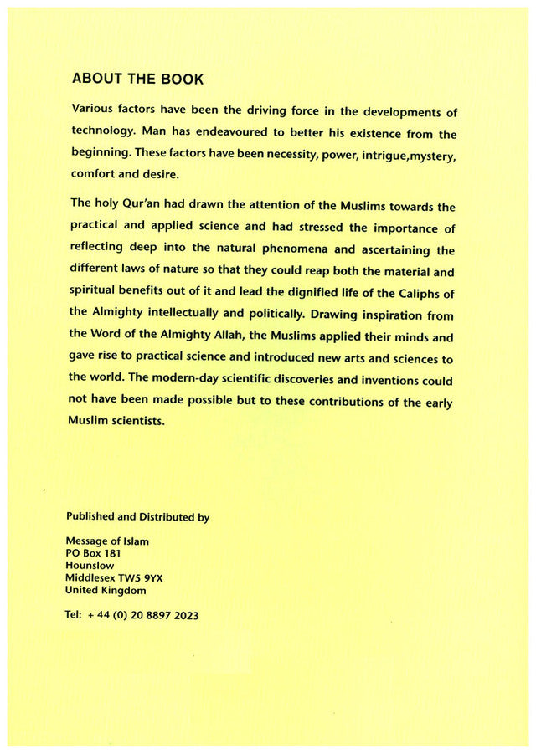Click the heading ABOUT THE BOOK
pyautogui.click(x=137, y=79)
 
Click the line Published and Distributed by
pyautogui.click(x=137, y=517)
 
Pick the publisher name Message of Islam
pyautogui.click(x=107, y=541)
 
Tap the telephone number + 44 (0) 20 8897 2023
pyautogui.click(x=143, y=615)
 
